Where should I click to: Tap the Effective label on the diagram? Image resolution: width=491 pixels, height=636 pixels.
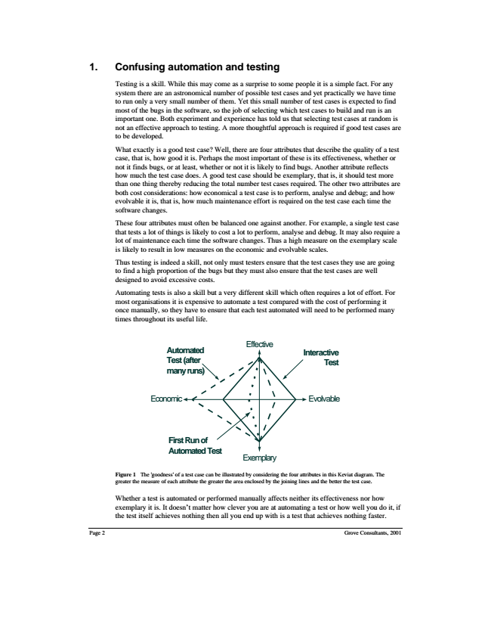[259, 344]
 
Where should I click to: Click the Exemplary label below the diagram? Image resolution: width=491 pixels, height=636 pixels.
[259, 458]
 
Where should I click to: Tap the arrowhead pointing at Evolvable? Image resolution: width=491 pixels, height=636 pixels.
[305, 399]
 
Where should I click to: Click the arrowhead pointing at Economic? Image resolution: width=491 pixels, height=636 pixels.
[189, 399]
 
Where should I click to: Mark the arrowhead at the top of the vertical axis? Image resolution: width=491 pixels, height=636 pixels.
[259, 352]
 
